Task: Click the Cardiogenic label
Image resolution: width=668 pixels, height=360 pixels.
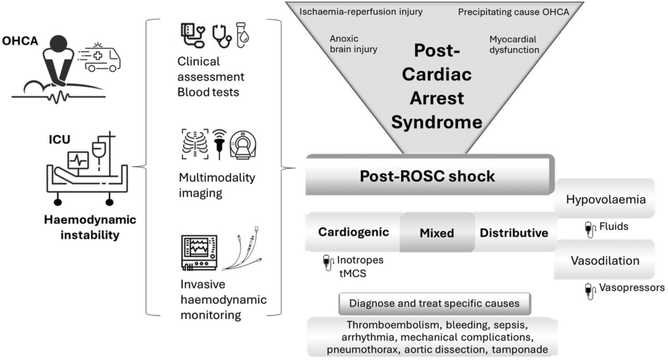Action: pyautogui.click(x=354, y=232)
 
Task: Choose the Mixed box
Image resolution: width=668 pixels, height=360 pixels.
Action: pyautogui.click(x=437, y=232)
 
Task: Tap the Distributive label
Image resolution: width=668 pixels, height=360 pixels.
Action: pyautogui.click(x=514, y=232)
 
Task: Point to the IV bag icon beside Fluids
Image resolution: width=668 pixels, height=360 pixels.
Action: pyautogui.click(x=590, y=228)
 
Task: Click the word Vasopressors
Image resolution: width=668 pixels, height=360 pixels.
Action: pyautogui.click(x=633, y=287)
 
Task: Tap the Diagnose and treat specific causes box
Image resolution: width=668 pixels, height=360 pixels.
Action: pyautogui.click(x=434, y=303)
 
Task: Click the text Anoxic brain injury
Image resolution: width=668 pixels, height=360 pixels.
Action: pyautogui.click(x=353, y=44)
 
